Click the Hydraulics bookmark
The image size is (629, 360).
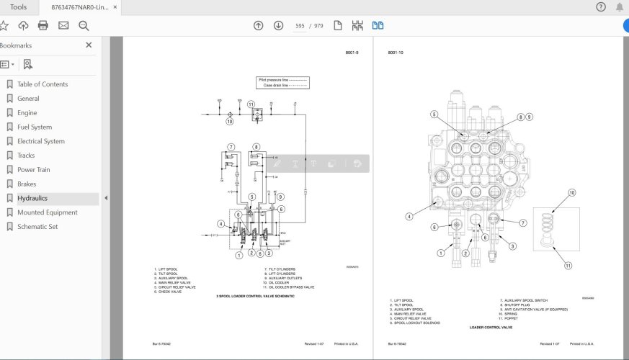[32, 198]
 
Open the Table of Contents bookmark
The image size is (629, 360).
[43, 84]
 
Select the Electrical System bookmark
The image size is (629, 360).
[40, 141]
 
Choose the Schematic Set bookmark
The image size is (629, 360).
[37, 227]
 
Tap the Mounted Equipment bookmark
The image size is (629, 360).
[47, 212]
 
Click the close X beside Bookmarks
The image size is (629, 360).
[89, 45]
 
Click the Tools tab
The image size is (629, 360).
[19, 7]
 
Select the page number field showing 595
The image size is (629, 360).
[300, 26]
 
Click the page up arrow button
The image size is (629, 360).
[258, 26]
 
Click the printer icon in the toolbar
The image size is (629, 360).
[43, 26]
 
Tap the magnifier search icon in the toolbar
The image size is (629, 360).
[84, 26]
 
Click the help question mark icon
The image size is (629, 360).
[601, 7]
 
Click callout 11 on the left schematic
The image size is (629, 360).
[251, 104]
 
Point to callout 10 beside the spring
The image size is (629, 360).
[572, 192]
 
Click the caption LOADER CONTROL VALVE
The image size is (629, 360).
[491, 327]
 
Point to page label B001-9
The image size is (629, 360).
[352, 53]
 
